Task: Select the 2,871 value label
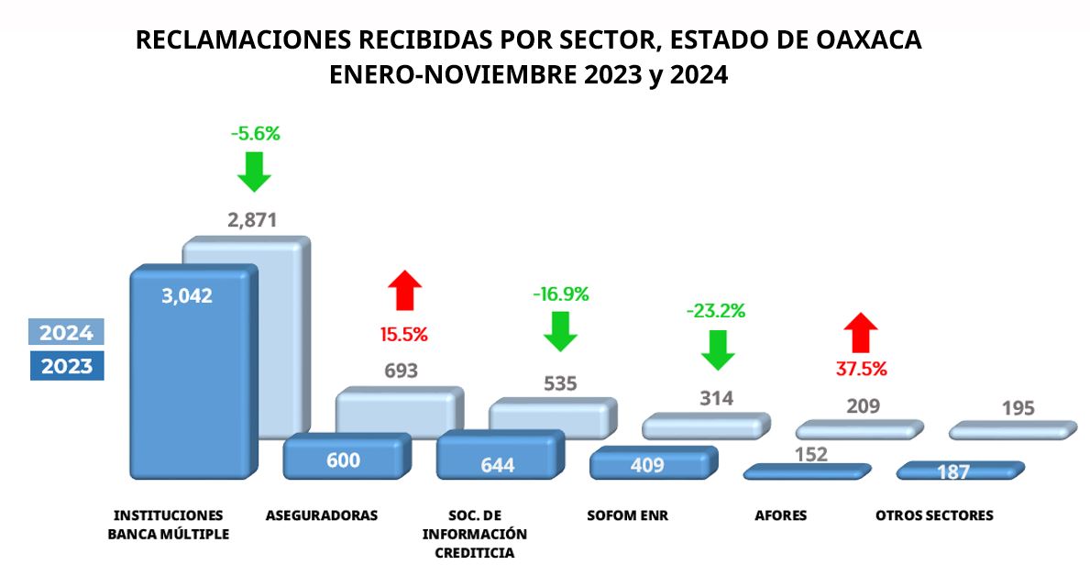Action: click(x=252, y=220)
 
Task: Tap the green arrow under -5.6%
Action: click(x=254, y=171)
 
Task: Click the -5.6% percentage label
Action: click(x=255, y=134)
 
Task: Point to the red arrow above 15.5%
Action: click(x=405, y=291)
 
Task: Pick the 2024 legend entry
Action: click(x=66, y=332)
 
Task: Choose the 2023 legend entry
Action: click(x=66, y=366)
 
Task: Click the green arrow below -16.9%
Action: click(x=560, y=331)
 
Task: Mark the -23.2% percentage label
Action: click(x=716, y=311)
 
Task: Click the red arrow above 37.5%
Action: click(x=861, y=333)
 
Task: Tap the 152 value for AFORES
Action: click(x=811, y=454)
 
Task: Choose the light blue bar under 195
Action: click(x=1012, y=430)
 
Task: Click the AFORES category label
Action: click(x=780, y=515)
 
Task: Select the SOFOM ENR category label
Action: click(x=627, y=515)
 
